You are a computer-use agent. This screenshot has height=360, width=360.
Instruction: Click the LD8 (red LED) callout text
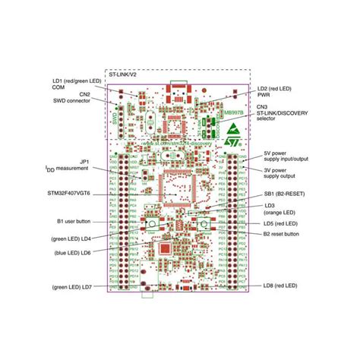pyautogui.click(x=279, y=286)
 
